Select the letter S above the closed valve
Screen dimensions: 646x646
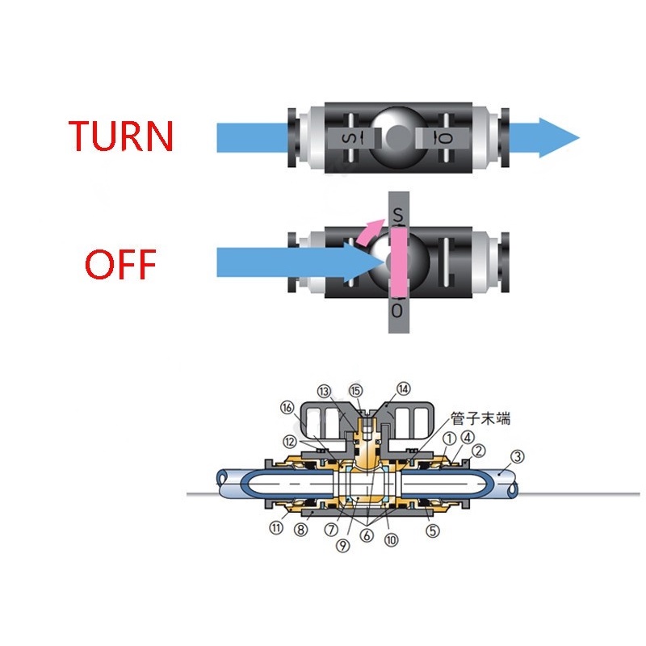pos(396,216)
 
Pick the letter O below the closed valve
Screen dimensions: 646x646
pos(396,310)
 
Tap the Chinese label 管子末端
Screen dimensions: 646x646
pos(480,420)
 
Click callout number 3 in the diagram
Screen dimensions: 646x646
pos(518,456)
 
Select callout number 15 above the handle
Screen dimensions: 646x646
pos(356,390)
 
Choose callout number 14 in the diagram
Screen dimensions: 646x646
pos(403,388)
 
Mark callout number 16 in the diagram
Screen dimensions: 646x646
pos(287,407)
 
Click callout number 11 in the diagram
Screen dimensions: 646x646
pos(276,529)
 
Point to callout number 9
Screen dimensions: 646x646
pos(342,546)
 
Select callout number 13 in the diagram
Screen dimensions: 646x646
pos(325,391)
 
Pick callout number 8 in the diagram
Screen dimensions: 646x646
pos(300,531)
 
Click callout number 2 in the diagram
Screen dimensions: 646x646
pos(479,450)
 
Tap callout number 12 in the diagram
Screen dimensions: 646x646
pos(289,440)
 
